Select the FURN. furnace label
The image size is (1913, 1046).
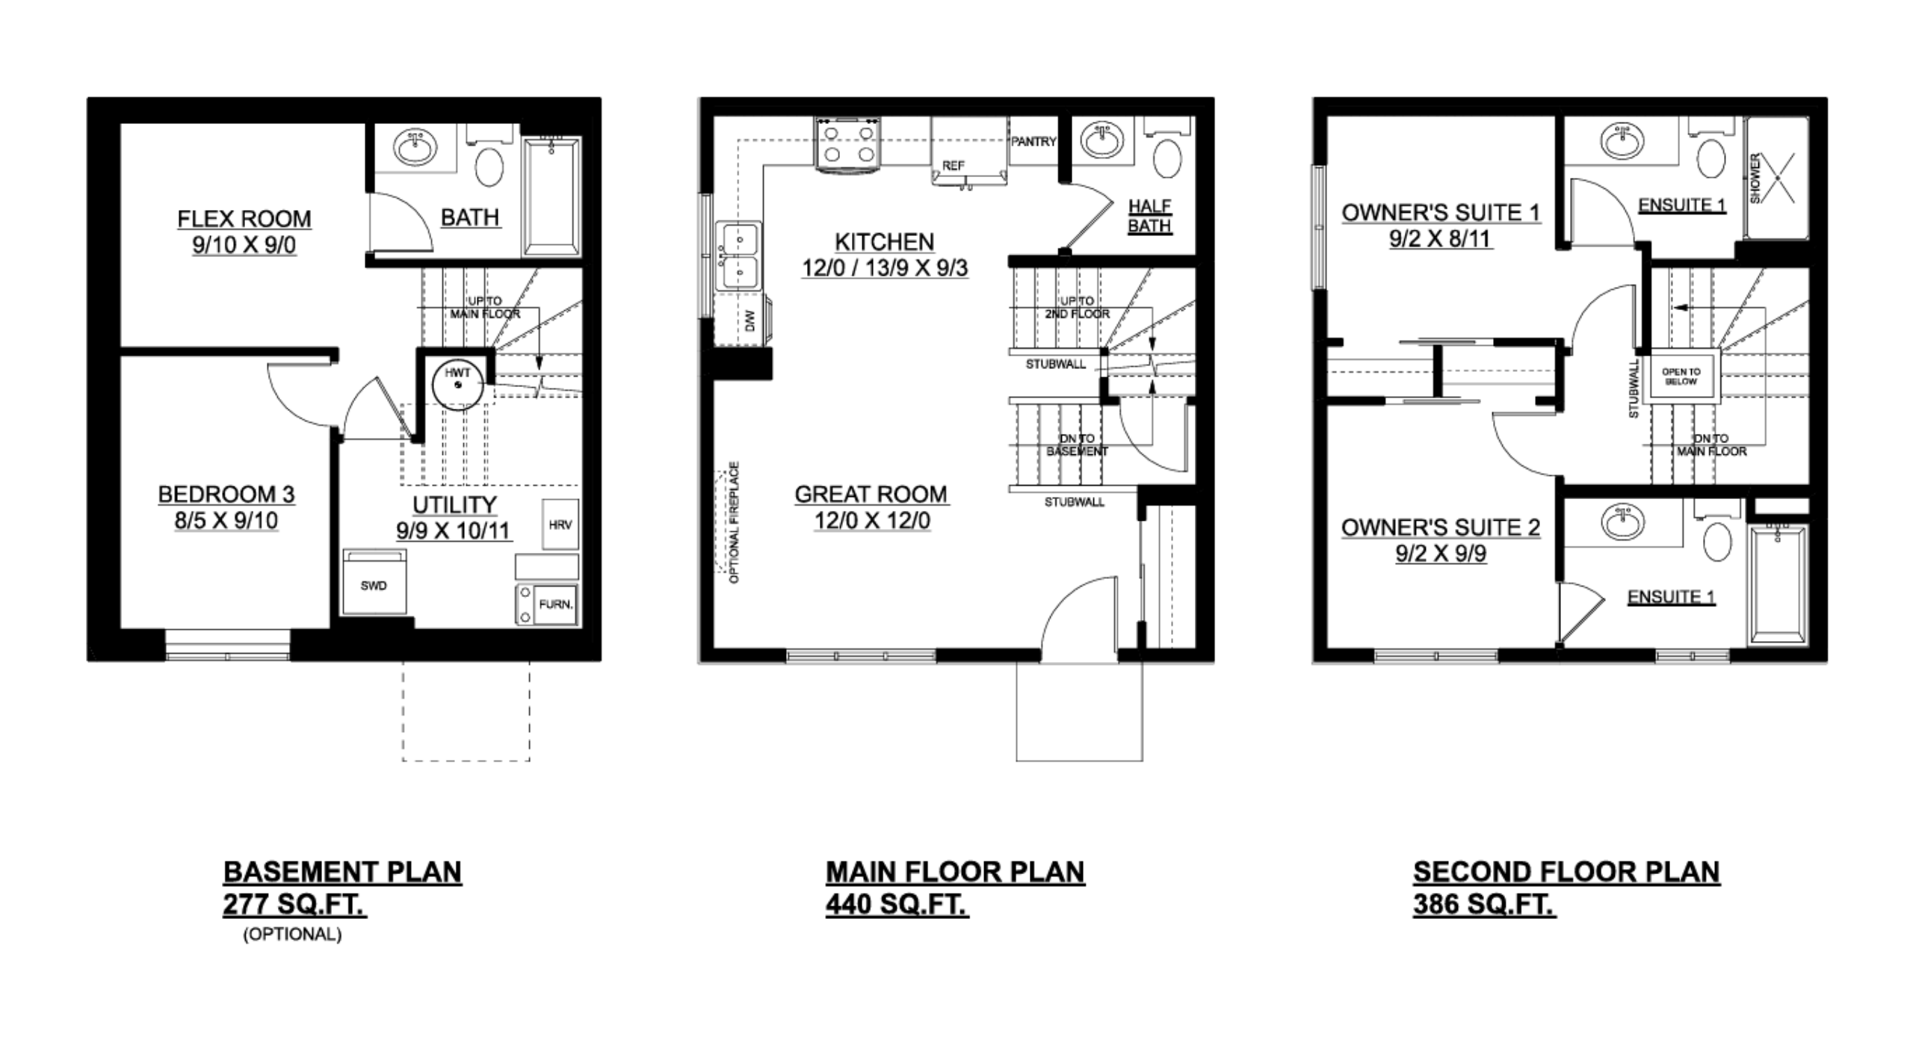[555, 604]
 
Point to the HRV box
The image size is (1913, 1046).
[560, 524]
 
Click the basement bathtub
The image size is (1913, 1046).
[551, 196]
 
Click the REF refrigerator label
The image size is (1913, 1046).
[953, 165]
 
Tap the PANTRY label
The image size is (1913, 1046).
[1033, 141]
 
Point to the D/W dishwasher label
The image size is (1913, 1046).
[751, 321]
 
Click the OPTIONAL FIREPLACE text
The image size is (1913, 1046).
[734, 522]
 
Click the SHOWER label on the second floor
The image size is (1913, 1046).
[1755, 178]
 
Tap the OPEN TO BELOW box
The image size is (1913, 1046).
[1681, 377]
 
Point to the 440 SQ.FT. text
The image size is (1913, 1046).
[897, 905]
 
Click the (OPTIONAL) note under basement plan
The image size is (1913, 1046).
[292, 934]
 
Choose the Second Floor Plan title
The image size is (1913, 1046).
[1566, 872]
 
